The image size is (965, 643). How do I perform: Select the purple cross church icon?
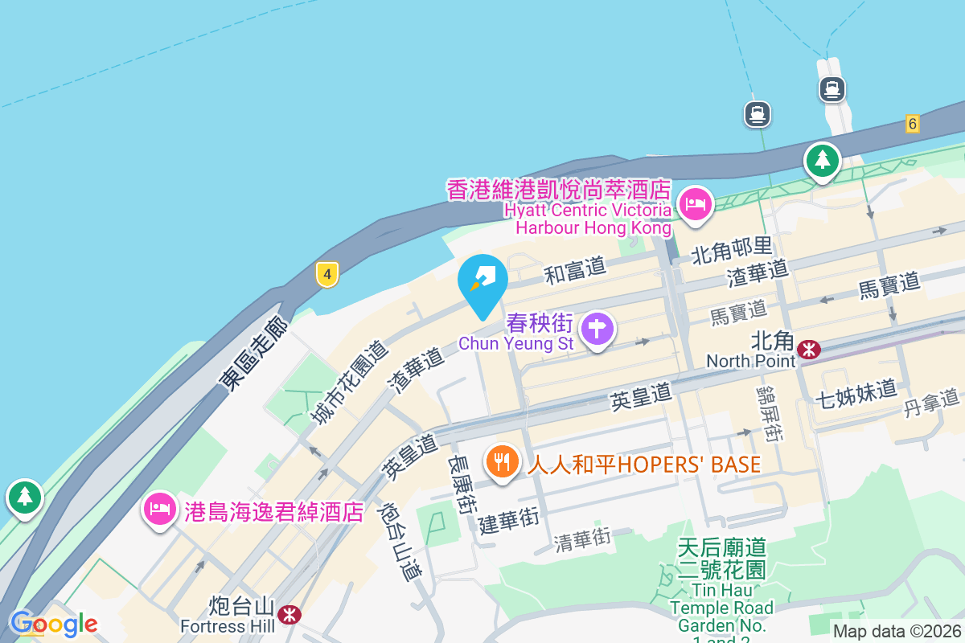[x=597, y=329]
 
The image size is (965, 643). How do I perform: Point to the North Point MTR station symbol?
[x=809, y=349]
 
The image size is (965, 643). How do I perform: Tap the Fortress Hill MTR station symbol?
[x=289, y=615]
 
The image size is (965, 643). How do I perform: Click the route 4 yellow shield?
[x=326, y=274]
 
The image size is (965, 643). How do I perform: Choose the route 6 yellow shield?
[x=911, y=124]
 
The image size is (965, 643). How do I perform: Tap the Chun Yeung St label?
[x=515, y=344]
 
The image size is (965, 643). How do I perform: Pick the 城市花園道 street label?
[x=350, y=382]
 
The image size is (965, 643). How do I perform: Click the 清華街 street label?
[x=582, y=539]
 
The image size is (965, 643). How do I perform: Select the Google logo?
[x=54, y=624]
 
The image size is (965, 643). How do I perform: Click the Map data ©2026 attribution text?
[x=896, y=632]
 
